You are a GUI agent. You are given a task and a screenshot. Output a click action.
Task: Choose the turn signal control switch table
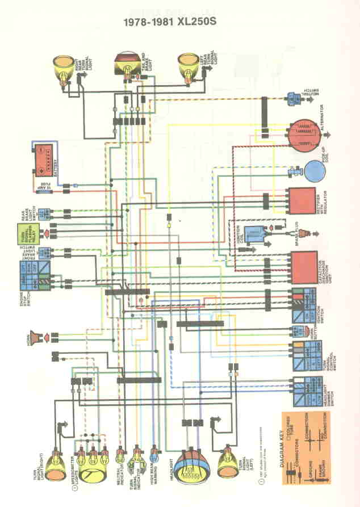pos(304,356)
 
